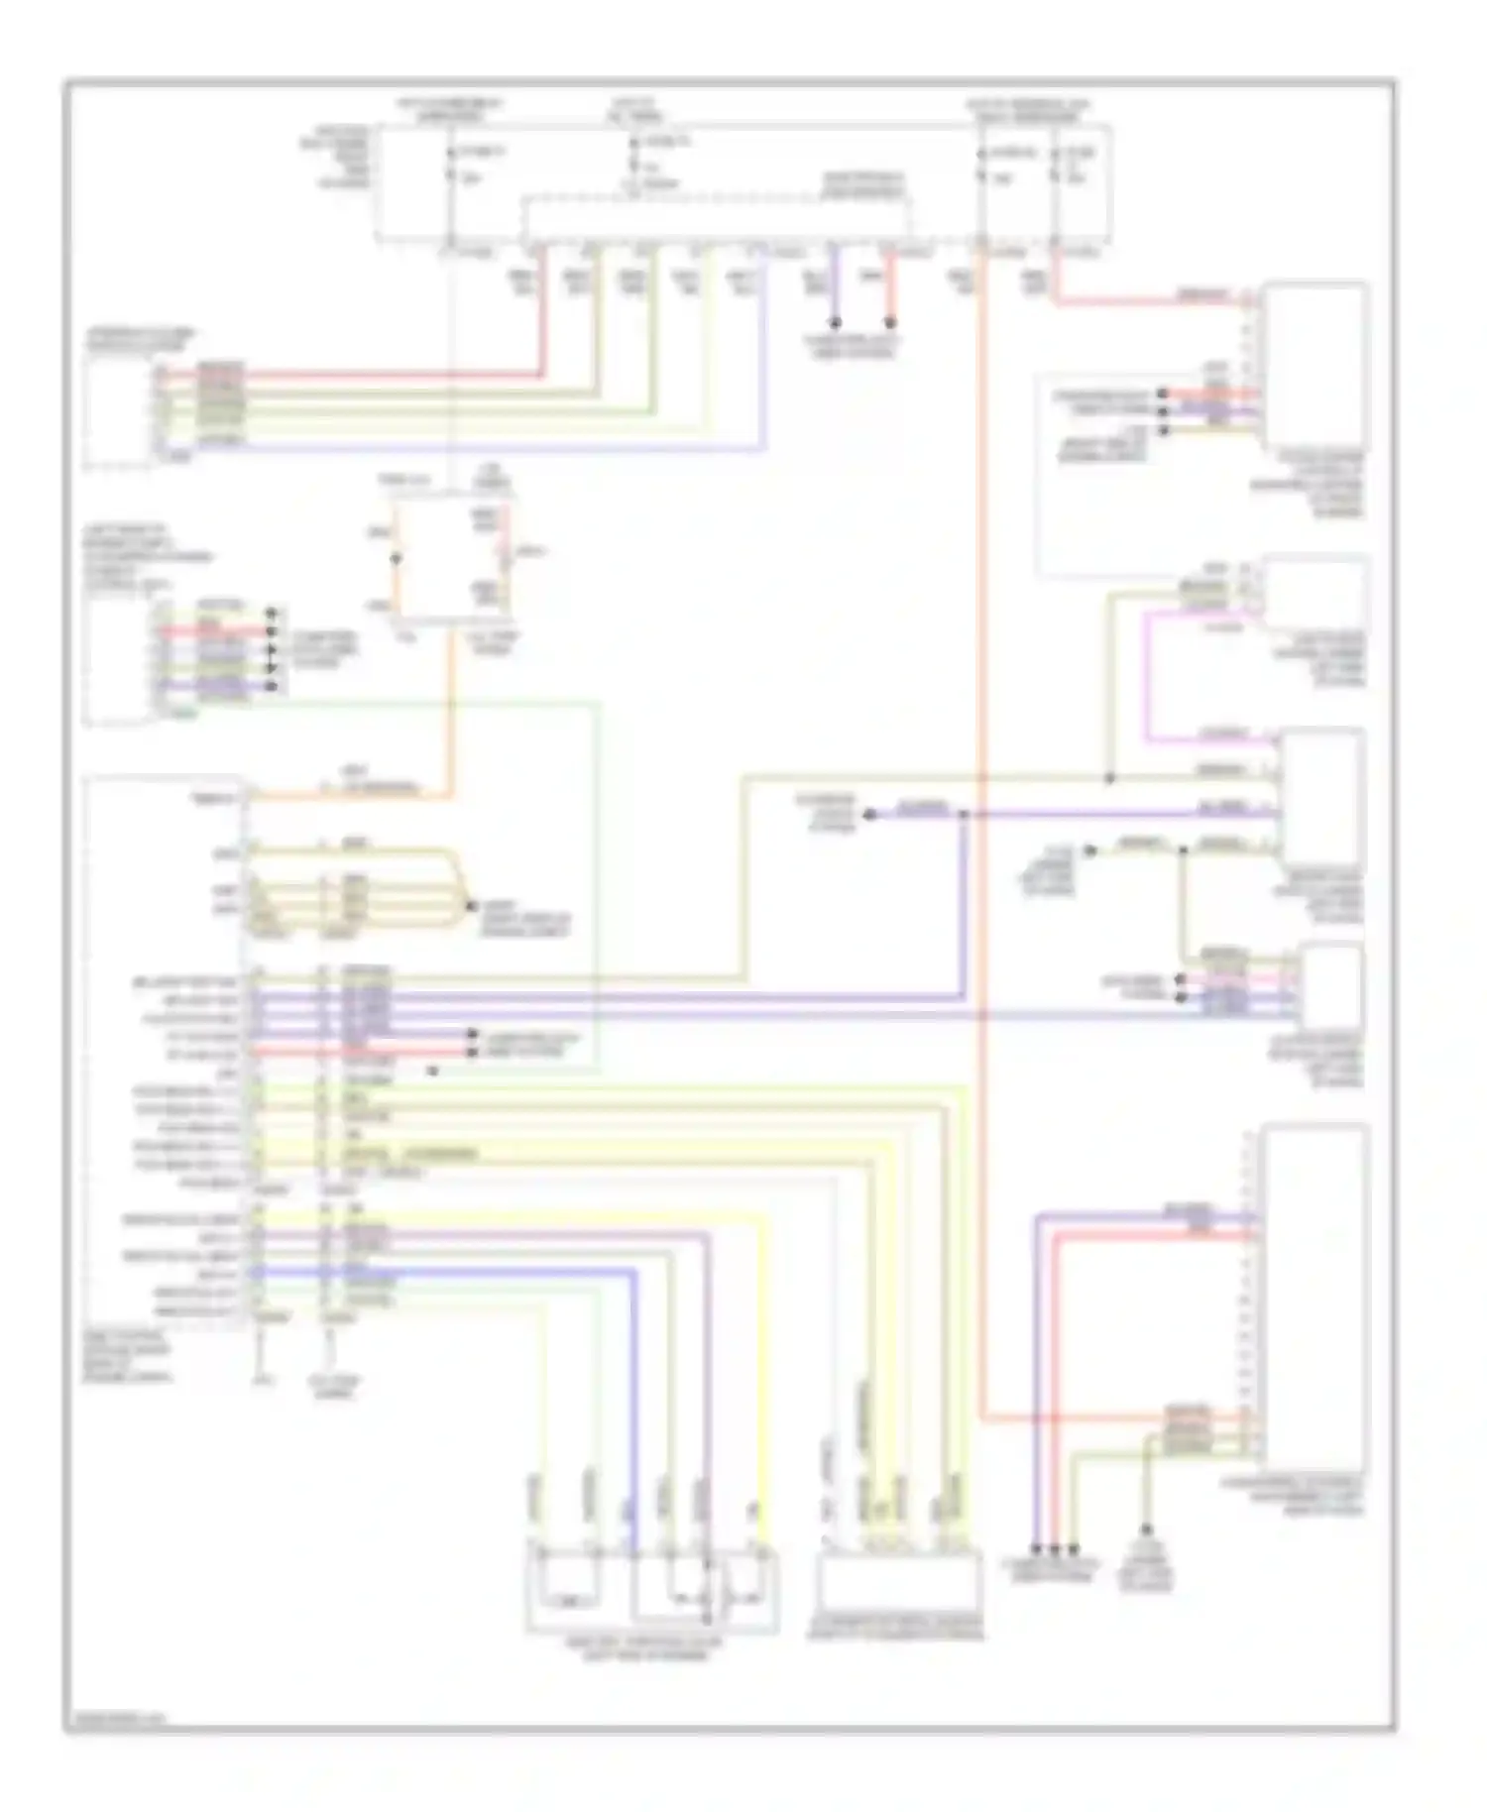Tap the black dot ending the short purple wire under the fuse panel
[835, 323]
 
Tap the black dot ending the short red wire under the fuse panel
[890, 323]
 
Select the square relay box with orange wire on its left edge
[450, 560]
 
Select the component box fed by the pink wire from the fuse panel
[1316, 367]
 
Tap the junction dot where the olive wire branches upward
[1109, 779]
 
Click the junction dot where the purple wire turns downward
[963, 815]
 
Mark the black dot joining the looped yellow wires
[472, 906]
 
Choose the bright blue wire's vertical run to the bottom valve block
[633, 1408]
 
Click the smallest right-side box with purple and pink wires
[1332, 986]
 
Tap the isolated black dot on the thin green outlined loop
[433, 1072]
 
